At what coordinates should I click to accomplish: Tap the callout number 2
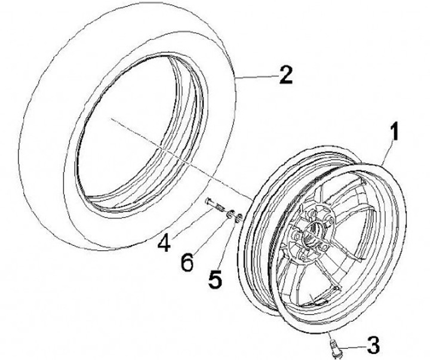[x=285, y=76]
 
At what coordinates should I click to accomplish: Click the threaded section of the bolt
[x=219, y=207]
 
